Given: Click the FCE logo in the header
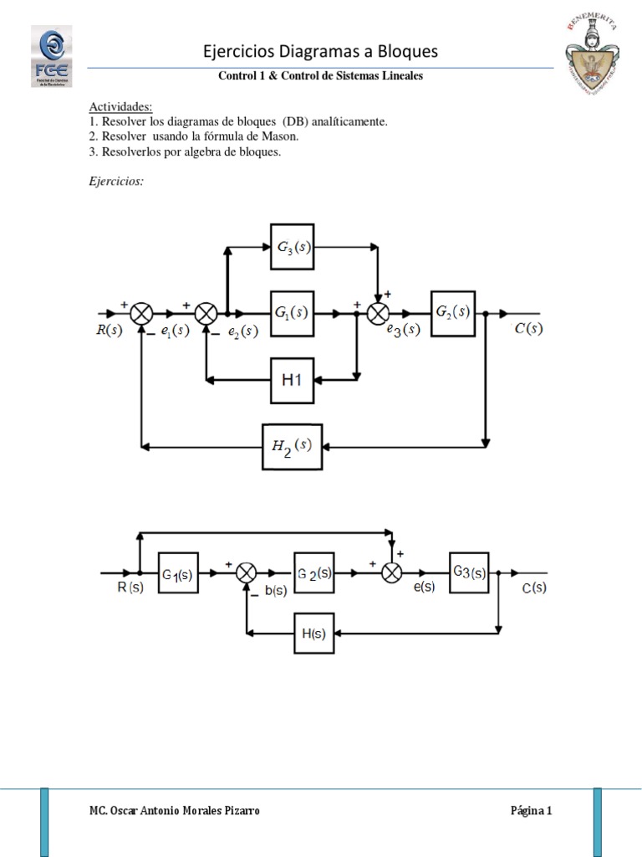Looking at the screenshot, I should (51, 55).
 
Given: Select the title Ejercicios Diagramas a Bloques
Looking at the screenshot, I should (321, 52).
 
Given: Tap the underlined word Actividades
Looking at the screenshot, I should (120, 107).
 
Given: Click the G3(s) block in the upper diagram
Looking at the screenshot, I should (293, 247).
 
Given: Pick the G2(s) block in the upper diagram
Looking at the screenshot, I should (452, 312).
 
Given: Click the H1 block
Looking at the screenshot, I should (293, 380).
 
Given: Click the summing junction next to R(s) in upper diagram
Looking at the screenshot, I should (143, 313).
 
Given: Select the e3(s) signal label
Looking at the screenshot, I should (403, 330).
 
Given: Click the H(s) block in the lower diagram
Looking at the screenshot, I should (314, 633).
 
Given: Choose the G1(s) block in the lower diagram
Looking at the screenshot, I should (177, 573).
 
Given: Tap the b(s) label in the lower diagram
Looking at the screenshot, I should (275, 591).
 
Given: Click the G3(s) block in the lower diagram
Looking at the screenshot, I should (469, 573).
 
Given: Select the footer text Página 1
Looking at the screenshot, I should (531, 811).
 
